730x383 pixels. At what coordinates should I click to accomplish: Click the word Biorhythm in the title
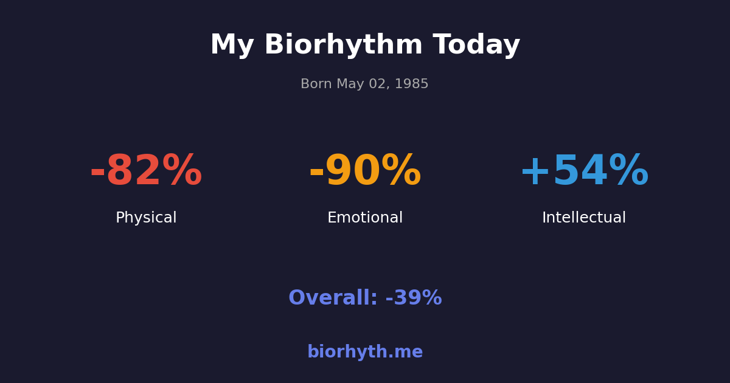click(343, 46)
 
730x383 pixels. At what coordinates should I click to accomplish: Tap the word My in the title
click(232, 46)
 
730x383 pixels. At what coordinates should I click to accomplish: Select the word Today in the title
click(476, 46)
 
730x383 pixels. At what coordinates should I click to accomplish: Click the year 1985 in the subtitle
click(412, 85)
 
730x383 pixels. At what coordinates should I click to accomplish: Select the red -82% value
click(146, 172)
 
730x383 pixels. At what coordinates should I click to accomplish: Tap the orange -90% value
click(365, 172)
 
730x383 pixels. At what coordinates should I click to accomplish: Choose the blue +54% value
click(584, 172)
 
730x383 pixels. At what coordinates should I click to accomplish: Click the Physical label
click(146, 218)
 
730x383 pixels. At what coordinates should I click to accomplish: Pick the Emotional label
click(365, 218)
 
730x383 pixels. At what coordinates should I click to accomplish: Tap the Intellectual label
click(584, 218)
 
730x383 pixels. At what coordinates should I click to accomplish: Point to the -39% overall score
click(414, 298)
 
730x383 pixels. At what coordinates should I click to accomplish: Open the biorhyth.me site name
click(365, 353)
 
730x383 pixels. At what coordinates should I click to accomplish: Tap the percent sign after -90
click(401, 172)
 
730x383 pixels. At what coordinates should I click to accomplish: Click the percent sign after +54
click(628, 172)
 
